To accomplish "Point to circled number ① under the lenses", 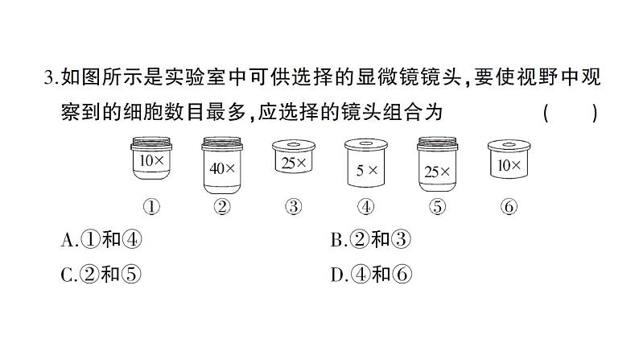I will click(151, 207).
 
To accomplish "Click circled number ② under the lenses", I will click(222, 207).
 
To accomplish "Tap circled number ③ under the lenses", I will click(294, 207).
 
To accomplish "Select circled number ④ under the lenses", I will click(365, 207).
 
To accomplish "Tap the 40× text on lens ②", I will click(222, 169).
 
